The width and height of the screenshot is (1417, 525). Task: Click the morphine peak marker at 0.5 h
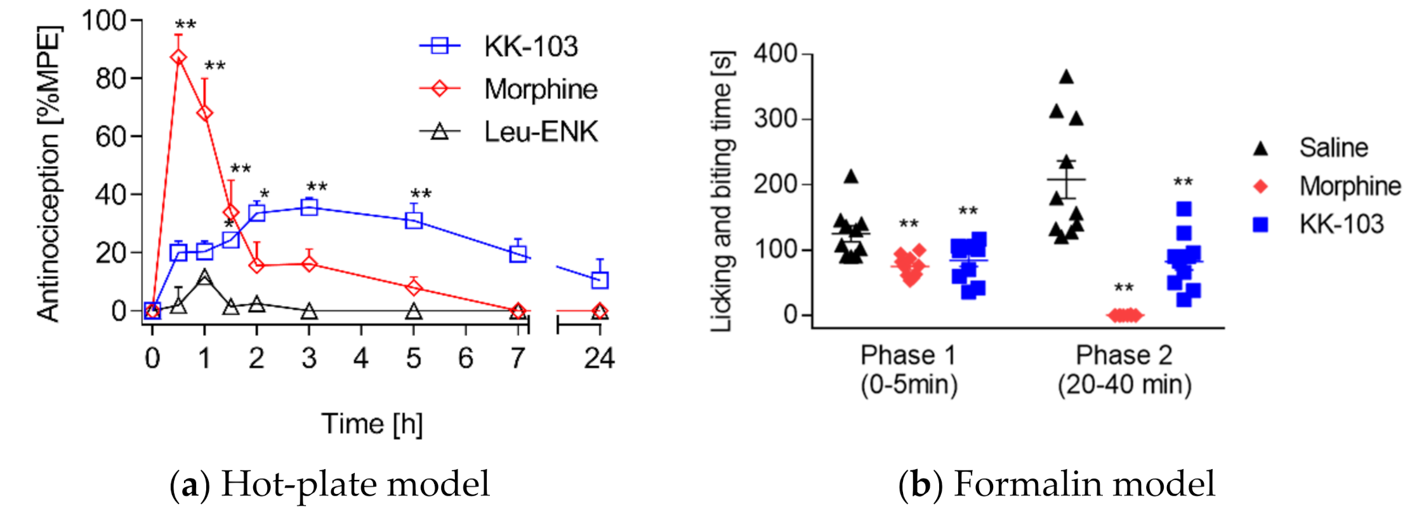[x=178, y=58]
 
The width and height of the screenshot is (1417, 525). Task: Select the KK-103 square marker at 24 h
[x=600, y=280]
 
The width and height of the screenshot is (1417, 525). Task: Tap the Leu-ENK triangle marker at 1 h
[x=204, y=277]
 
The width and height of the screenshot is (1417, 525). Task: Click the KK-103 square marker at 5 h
[x=414, y=221]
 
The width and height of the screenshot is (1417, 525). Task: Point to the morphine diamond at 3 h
[x=309, y=263]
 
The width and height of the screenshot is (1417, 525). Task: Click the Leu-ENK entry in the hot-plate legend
[x=540, y=132]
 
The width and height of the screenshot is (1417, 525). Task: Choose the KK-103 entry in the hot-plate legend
[x=531, y=46]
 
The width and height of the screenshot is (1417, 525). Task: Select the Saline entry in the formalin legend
[x=1333, y=148]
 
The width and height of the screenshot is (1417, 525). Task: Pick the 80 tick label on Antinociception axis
[x=110, y=79]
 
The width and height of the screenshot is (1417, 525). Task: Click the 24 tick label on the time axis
[x=599, y=359]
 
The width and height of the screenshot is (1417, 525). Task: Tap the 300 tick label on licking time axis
[x=775, y=119]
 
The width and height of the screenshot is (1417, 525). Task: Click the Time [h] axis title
[x=372, y=424]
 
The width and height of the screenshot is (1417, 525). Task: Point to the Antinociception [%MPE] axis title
[x=48, y=174]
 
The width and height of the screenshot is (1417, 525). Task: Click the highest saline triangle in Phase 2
[x=1067, y=77]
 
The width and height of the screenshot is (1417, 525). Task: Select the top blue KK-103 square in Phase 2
[x=1183, y=209]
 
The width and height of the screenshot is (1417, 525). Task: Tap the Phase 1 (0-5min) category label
[x=909, y=370]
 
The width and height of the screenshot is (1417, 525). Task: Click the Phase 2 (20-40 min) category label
[x=1124, y=370]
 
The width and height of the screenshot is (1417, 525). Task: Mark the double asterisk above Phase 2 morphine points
[x=1124, y=288]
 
